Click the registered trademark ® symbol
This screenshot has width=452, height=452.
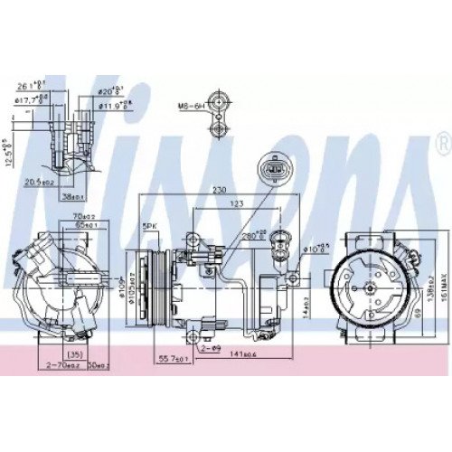pos(441,143)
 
